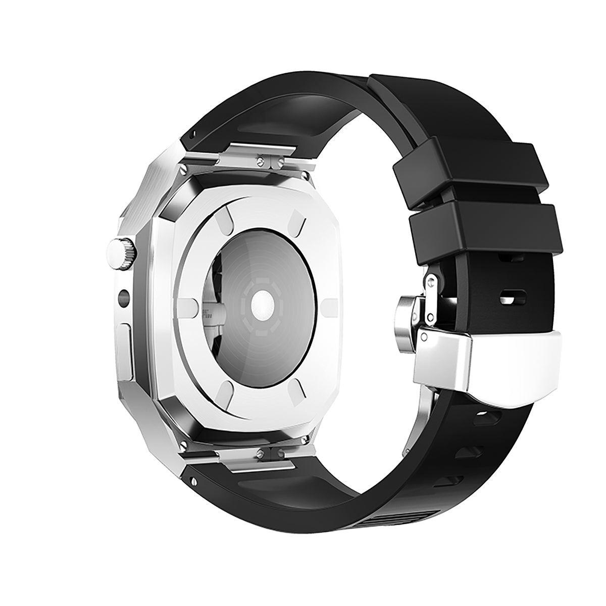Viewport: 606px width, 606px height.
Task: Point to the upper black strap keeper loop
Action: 465,170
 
